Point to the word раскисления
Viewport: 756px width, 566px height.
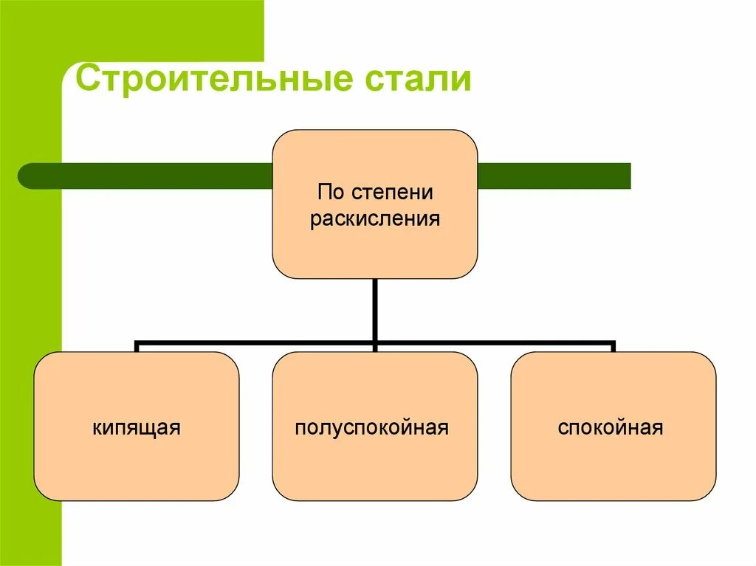point(374,219)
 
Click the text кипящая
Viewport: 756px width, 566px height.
point(137,427)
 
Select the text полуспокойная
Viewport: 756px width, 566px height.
point(372,427)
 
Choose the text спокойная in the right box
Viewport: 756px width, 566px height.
point(611,427)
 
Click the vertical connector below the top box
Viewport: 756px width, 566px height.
point(375,310)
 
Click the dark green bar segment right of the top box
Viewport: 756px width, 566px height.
point(554,176)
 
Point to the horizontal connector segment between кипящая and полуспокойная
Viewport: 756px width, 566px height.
point(255,343)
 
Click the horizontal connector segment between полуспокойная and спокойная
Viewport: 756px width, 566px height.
point(495,343)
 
